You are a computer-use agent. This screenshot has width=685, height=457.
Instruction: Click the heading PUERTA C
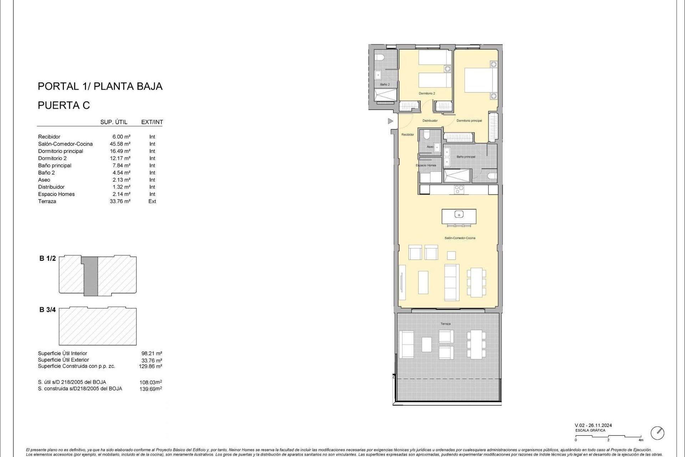(x=64, y=105)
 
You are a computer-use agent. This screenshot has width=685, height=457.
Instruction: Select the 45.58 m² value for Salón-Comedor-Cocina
(x=120, y=144)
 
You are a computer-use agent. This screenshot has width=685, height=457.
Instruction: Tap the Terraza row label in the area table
(x=47, y=201)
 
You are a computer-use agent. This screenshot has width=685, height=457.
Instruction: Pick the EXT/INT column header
(x=152, y=122)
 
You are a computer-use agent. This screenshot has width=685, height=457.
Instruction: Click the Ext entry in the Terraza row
(x=152, y=201)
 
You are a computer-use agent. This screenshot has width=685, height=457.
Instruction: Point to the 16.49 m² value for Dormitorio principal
(x=120, y=151)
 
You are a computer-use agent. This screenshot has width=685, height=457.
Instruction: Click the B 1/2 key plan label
(x=47, y=258)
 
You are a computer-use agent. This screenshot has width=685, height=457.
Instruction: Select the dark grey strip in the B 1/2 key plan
(x=91, y=276)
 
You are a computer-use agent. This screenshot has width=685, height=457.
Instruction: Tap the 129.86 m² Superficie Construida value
(x=150, y=366)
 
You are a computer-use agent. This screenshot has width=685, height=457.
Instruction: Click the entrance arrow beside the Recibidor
(x=390, y=121)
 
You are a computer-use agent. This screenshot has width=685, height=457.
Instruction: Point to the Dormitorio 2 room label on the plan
(x=427, y=94)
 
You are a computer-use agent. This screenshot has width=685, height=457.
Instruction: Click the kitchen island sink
(x=459, y=214)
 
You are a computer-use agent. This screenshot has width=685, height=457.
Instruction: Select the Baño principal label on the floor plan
(x=466, y=157)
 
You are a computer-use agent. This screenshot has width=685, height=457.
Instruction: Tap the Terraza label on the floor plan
(x=445, y=324)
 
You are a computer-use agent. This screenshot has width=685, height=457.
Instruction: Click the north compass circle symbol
(x=657, y=433)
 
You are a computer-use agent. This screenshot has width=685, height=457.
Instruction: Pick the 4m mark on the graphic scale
(x=641, y=440)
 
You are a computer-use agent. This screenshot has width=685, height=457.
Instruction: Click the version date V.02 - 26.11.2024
(x=593, y=425)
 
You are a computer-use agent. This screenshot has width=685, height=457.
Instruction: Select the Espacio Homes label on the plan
(x=426, y=165)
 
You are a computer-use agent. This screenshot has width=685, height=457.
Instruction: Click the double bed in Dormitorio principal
(x=480, y=80)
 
